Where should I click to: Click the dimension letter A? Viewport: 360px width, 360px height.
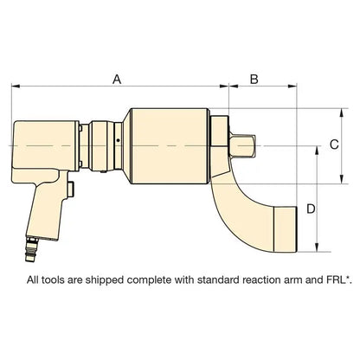117,79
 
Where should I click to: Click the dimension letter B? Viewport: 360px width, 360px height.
254,79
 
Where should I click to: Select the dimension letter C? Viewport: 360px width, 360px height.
334,146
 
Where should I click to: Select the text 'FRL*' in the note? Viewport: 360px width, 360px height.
317,280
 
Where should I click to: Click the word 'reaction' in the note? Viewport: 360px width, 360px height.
243,280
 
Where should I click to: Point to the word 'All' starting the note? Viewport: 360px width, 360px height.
34,280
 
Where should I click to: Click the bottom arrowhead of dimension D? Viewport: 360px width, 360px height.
320,245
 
